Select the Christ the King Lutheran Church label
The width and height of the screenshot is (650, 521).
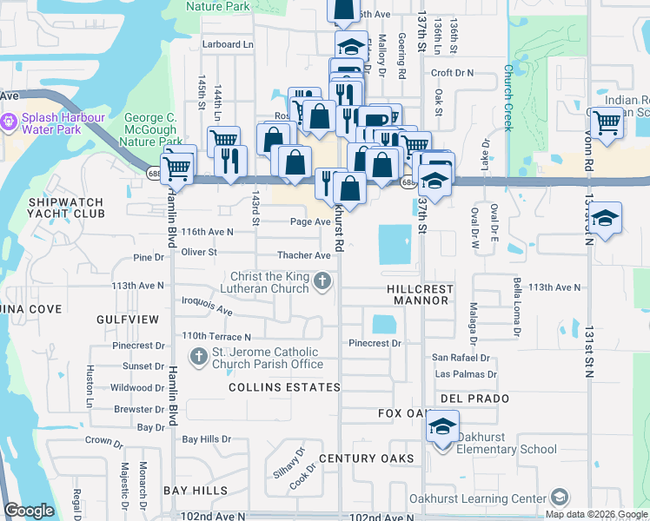coord(269,282)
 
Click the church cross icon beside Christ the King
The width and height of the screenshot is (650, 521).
coord(322,280)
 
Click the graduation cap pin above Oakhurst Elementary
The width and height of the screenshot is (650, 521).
coord(442,428)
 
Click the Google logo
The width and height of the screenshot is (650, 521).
coord(29,511)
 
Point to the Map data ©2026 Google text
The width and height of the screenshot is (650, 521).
coord(596,514)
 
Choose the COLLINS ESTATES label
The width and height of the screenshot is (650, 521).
coord(284,386)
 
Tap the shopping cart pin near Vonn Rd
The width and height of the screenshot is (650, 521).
coord(606,122)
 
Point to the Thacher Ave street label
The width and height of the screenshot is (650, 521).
coord(304,255)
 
